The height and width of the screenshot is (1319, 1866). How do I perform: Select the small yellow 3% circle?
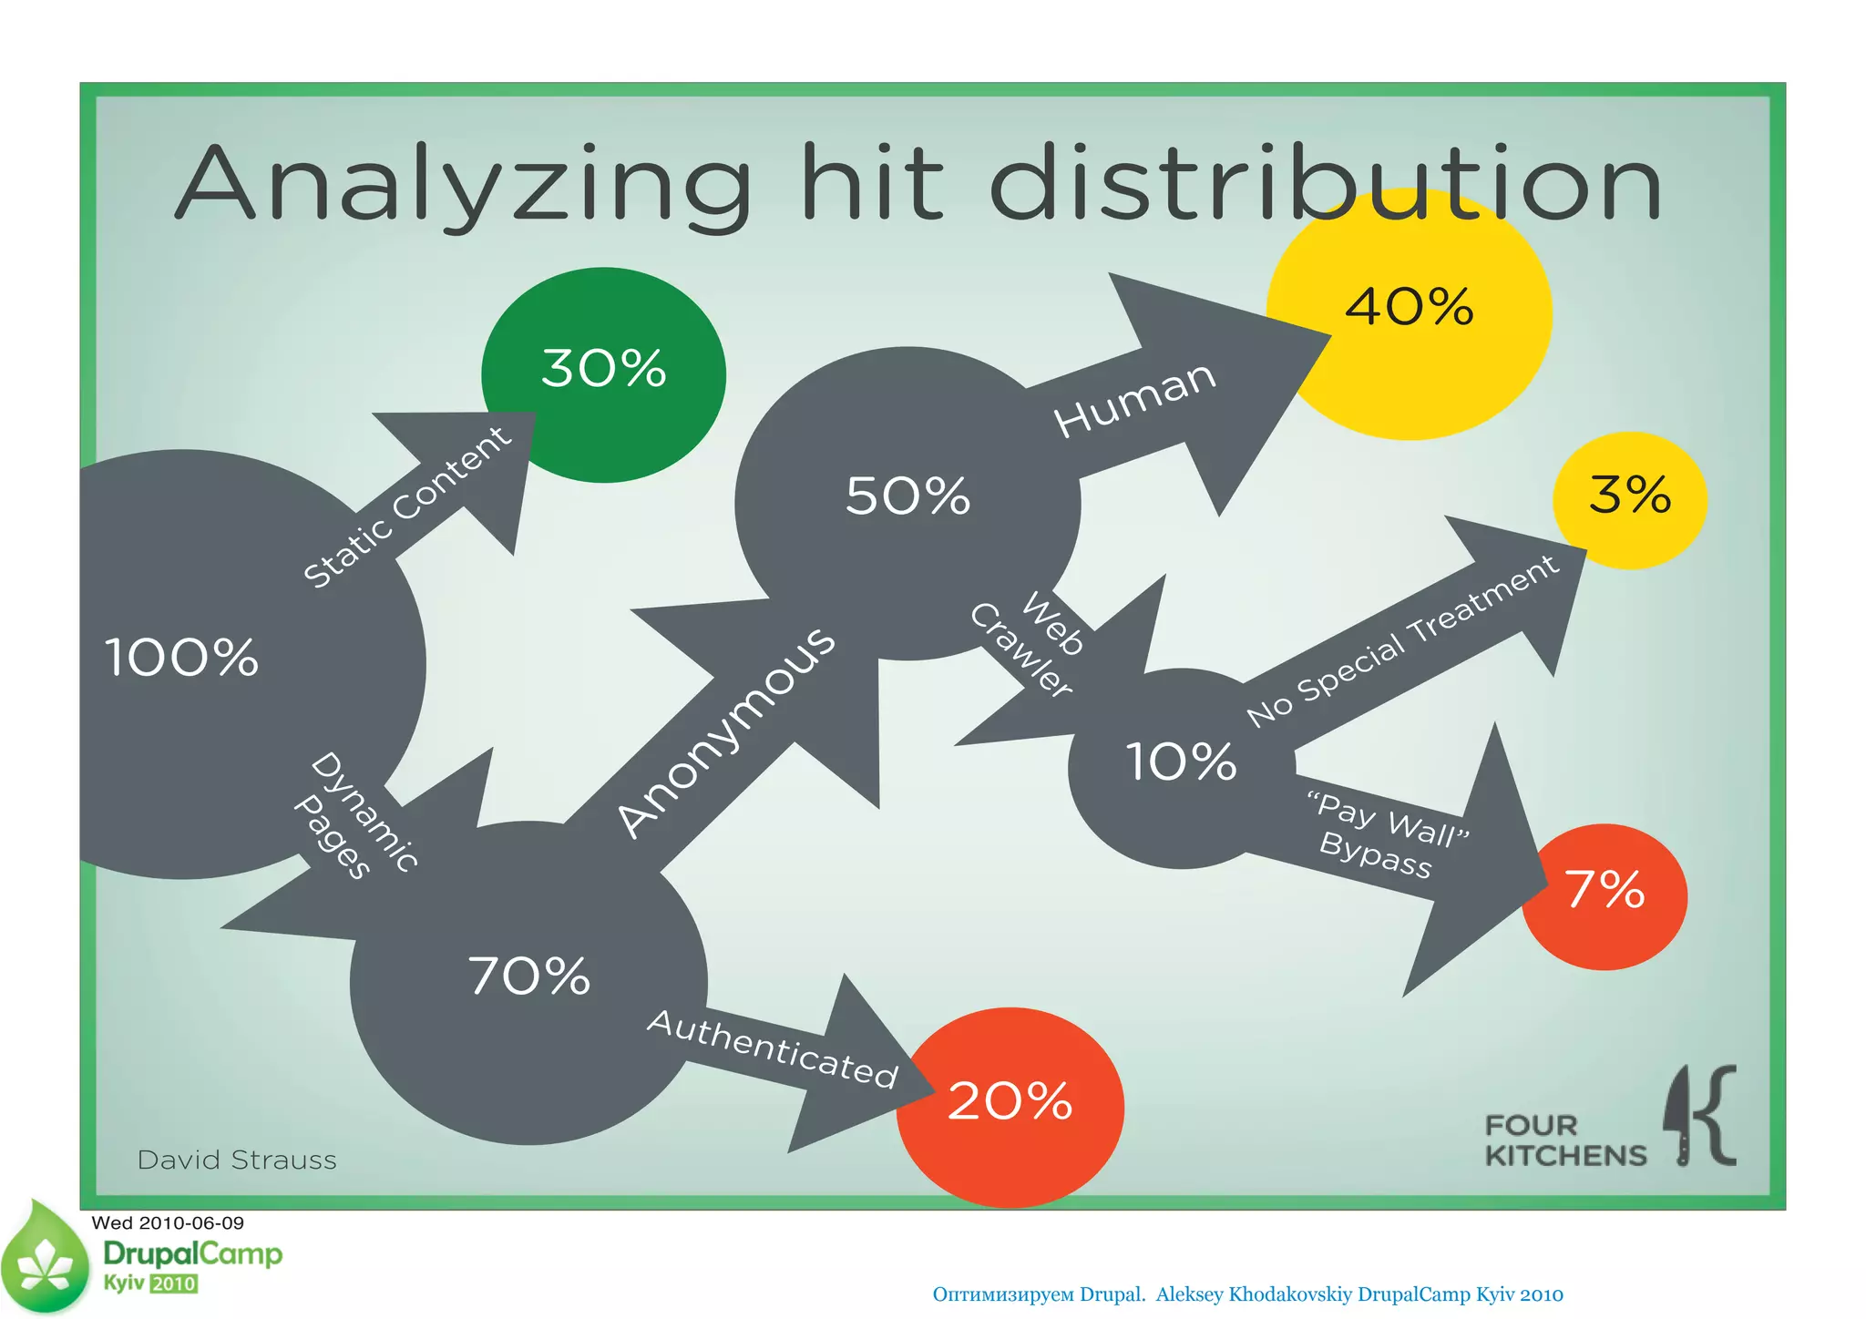pyautogui.click(x=1630, y=498)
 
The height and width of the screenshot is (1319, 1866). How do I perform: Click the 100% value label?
pyautogui.click(x=181, y=658)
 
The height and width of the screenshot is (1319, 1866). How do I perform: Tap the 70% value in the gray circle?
pyautogui.click(x=529, y=977)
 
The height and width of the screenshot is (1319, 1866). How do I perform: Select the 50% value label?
pyautogui.click(x=907, y=497)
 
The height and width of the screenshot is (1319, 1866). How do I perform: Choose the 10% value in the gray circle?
pyautogui.click(x=1182, y=762)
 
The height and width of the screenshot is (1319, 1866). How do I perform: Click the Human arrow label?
pyautogui.click(x=1135, y=398)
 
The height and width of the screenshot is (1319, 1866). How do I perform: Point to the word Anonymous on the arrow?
pyautogui.click(x=726, y=731)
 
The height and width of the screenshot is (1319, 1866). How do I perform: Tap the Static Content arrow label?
pyautogui.click(x=407, y=507)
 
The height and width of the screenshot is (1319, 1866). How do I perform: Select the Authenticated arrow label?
pyautogui.click(x=773, y=1050)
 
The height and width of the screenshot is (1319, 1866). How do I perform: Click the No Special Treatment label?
pyautogui.click(x=1403, y=640)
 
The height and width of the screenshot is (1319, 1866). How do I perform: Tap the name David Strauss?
pyautogui.click(x=237, y=1161)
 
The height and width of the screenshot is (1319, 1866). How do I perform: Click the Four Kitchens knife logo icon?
pyautogui.click(x=1700, y=1115)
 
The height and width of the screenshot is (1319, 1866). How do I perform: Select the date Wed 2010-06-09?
pyautogui.click(x=168, y=1223)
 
